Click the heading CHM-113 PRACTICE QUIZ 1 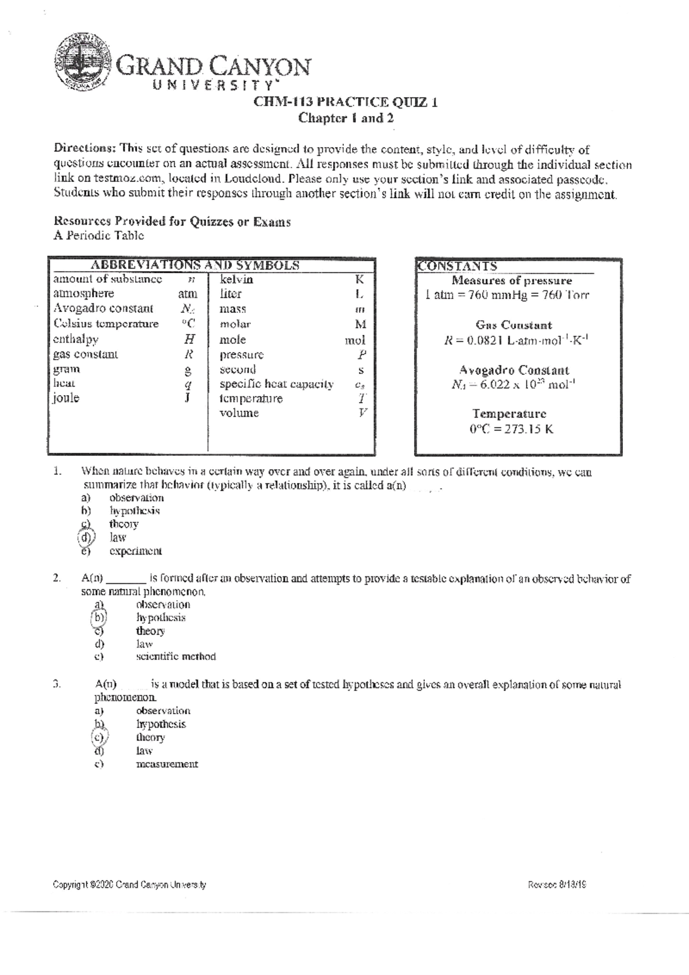click(x=346, y=103)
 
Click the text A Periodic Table click(x=98, y=236)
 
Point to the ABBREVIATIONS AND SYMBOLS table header click(x=195, y=265)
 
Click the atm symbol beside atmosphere click(x=187, y=294)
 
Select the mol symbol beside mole click(x=354, y=340)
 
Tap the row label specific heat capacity click(x=276, y=384)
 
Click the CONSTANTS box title click(x=457, y=266)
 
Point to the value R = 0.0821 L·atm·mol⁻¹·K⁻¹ click(x=516, y=340)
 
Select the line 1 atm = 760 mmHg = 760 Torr click(x=507, y=296)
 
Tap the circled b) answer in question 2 click(x=99, y=618)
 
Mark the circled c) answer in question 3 click(x=99, y=738)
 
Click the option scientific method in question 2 click(x=176, y=656)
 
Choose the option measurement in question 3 click(x=167, y=764)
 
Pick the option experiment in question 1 click(x=136, y=551)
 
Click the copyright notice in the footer click(x=129, y=885)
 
